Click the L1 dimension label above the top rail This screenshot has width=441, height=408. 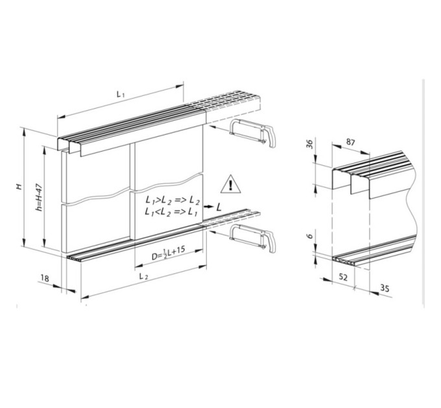click(x=121, y=94)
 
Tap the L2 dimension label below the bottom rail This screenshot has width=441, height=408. click(x=144, y=277)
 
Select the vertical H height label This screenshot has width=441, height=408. click(x=19, y=186)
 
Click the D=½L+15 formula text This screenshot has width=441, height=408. click(x=168, y=253)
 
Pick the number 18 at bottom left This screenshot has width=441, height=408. click(x=45, y=278)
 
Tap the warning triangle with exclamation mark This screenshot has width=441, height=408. click(x=231, y=185)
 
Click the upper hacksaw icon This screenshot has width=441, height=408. click(x=252, y=133)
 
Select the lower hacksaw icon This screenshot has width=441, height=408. click(x=252, y=238)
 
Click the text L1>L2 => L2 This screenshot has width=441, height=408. click(x=173, y=201)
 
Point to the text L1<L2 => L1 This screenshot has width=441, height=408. click(x=171, y=212)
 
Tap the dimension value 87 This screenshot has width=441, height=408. click(x=350, y=142)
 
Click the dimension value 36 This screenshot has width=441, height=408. click(x=309, y=144)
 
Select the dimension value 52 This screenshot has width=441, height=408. click(x=343, y=277)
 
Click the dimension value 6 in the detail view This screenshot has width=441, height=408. click(x=309, y=236)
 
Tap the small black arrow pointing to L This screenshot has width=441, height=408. click(x=208, y=207)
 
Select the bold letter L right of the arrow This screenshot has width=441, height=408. click(x=219, y=207)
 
